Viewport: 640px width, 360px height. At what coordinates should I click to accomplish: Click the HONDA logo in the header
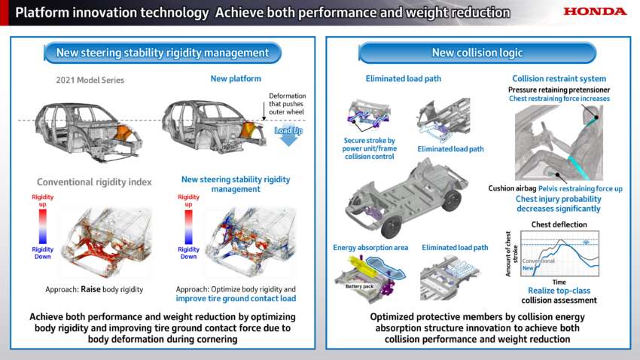[x=595, y=11]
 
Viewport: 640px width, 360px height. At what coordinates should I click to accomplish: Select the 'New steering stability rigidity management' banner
[x=163, y=53]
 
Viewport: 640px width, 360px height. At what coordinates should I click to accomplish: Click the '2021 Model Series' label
[x=90, y=80]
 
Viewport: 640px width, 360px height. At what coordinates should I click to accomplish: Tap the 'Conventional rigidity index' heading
[x=94, y=182]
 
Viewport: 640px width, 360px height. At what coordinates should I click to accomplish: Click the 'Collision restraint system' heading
[x=559, y=78]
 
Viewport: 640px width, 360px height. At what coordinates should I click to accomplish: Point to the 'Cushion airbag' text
[x=512, y=188]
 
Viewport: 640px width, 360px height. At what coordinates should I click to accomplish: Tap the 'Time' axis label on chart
[x=559, y=282]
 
